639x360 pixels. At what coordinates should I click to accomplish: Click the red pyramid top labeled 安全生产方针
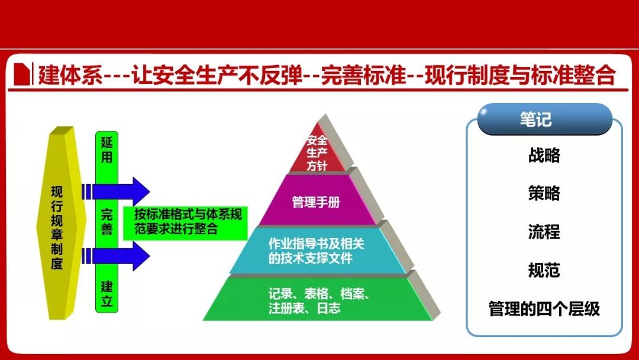(317, 153)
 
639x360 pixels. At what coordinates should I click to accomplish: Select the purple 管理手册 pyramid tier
(317, 201)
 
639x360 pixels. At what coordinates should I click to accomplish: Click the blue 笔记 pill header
(544, 119)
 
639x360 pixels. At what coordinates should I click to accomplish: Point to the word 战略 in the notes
(544, 155)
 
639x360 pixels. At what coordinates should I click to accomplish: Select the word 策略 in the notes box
(544, 193)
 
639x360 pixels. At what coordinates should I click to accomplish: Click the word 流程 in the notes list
(544, 232)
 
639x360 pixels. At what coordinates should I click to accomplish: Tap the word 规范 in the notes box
(544, 270)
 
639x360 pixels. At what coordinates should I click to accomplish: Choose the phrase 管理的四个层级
(544, 308)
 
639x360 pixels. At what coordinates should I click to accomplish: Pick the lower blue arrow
(116, 256)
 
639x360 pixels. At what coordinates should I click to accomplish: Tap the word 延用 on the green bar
(106, 150)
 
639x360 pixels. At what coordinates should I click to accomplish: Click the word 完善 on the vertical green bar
(106, 222)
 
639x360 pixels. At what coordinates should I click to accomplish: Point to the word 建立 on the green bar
(106, 294)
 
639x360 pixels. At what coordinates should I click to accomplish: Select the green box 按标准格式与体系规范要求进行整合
(186, 223)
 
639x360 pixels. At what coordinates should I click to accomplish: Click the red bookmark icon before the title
(22, 74)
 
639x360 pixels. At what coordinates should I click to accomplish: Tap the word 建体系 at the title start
(70, 75)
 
